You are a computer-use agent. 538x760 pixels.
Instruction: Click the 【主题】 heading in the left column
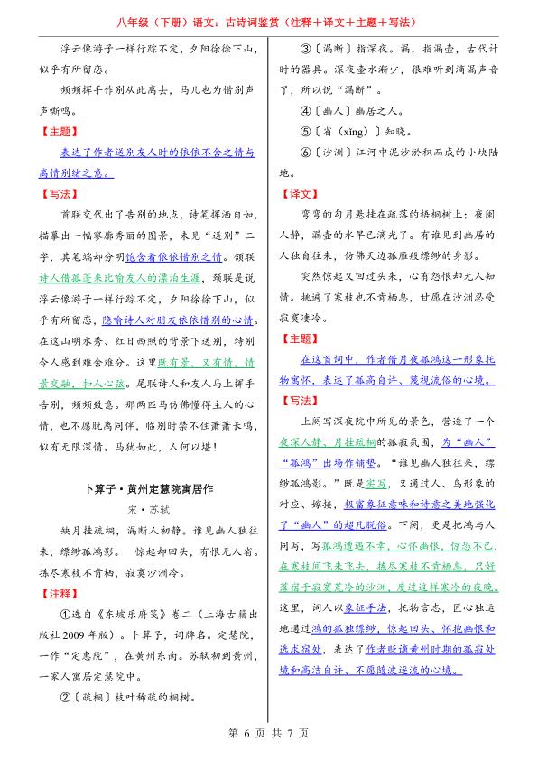(x=59, y=131)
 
